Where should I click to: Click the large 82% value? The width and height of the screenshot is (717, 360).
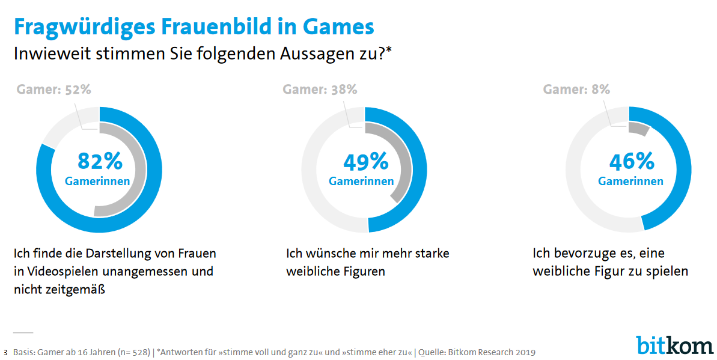pos(100,161)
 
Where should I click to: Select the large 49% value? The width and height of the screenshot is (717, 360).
pos(365,161)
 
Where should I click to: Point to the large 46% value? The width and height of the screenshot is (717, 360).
pos(631,161)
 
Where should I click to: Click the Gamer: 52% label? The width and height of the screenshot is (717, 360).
pos(54,90)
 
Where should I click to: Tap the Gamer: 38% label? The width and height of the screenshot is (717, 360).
pos(320,90)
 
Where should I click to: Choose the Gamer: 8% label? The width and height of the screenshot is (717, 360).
pos(576,90)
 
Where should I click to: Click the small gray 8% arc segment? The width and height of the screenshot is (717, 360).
pos(638,129)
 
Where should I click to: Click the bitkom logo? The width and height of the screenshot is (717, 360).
pos(674,345)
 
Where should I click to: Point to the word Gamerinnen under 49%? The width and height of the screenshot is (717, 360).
pos(361,182)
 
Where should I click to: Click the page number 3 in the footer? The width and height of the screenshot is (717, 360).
pos(5,352)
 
